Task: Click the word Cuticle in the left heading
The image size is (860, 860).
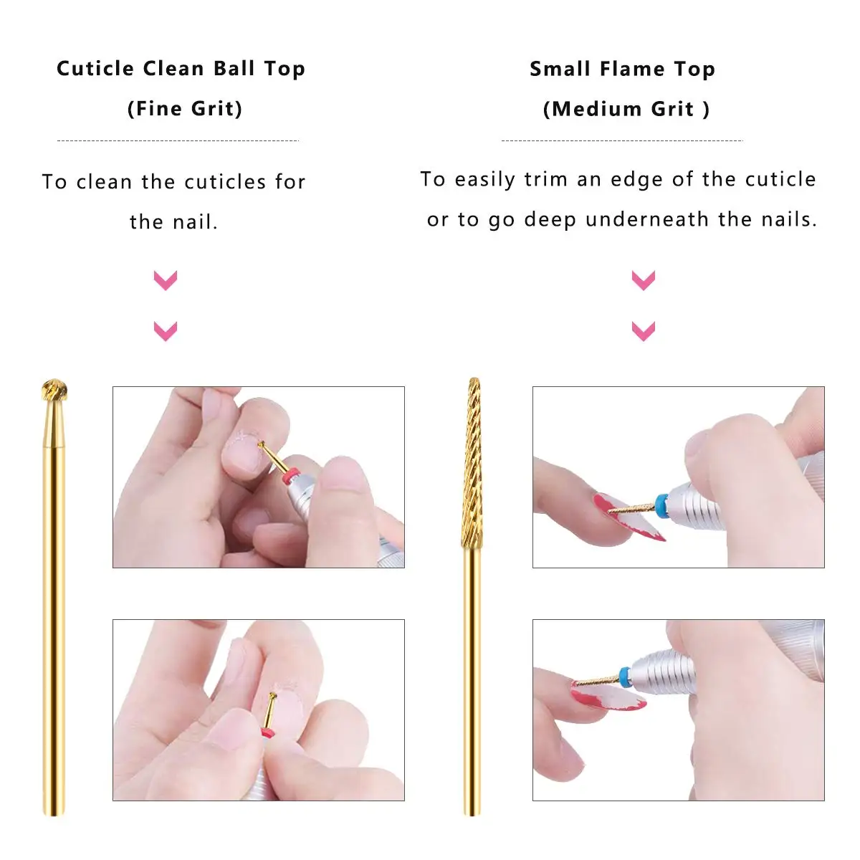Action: tap(95, 69)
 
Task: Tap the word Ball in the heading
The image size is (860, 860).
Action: tap(234, 69)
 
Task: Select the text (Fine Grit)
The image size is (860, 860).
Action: tap(185, 109)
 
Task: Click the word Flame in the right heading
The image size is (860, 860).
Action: tap(632, 70)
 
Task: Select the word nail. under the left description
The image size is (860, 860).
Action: tap(196, 221)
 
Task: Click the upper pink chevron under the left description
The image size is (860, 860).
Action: tap(166, 280)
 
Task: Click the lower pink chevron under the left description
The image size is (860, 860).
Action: tap(166, 331)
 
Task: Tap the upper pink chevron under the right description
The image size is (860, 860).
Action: tap(644, 280)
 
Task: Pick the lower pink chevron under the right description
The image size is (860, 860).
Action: tap(644, 331)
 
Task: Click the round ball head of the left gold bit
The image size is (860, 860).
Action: tap(54, 391)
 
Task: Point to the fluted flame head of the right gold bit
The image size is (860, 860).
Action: tap(472, 463)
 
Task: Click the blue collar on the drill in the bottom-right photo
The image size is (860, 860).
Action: tap(625, 678)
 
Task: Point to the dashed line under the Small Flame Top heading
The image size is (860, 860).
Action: tap(622, 140)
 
